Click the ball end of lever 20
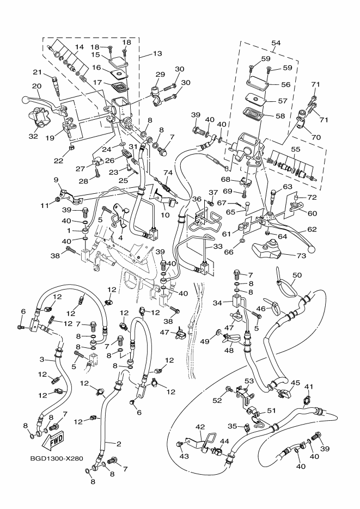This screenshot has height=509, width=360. (25, 100)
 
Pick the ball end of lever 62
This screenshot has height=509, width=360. (312, 247)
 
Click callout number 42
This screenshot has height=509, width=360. (200, 427)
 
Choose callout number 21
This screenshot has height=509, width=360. (38, 72)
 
